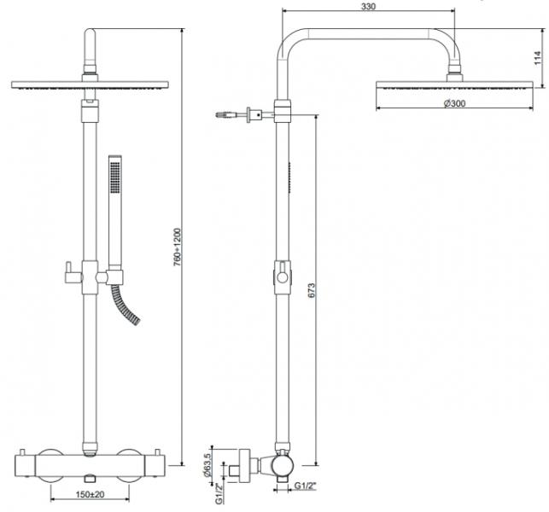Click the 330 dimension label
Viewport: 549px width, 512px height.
pyautogui.click(x=368, y=6)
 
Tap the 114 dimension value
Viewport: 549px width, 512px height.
pyautogui.click(x=538, y=58)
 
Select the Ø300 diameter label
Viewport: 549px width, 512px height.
pyautogui.click(x=454, y=103)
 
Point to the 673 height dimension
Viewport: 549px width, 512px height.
pyautogui.click(x=312, y=290)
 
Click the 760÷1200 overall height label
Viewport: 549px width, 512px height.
pyautogui.click(x=178, y=247)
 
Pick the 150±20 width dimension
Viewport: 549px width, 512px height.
pyautogui.click(x=90, y=494)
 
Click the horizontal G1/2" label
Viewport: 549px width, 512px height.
pyautogui.click(x=305, y=486)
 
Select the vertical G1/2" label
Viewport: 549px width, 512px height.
pyautogui.click(x=219, y=493)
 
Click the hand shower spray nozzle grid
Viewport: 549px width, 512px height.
pyautogui.click(x=115, y=177)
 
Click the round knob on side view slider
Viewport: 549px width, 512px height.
pyautogui.click(x=283, y=278)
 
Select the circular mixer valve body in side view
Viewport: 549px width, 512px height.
pyautogui.click(x=283, y=466)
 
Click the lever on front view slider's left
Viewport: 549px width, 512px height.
pyautogui.click(x=73, y=273)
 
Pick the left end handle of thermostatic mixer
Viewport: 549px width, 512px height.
pyautogui.click(x=26, y=466)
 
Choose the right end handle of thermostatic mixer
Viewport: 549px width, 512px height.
pyautogui.click(x=155, y=466)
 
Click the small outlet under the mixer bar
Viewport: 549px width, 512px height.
pyautogui.click(x=90, y=478)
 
